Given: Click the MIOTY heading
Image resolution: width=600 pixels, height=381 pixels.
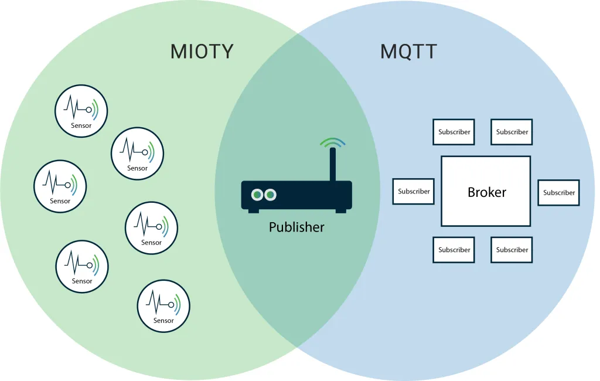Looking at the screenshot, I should (202, 52).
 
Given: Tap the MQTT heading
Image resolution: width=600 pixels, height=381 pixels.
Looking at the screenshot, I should (408, 52).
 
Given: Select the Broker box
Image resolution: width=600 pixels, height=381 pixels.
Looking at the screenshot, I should (486, 191).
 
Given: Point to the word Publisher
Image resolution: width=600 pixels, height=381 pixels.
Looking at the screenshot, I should (296, 227).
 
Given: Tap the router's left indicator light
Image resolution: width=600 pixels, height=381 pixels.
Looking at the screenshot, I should (257, 195).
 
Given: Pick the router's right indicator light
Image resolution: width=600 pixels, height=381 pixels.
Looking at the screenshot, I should (270, 195).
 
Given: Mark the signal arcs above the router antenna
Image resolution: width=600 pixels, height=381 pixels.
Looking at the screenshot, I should (332, 142).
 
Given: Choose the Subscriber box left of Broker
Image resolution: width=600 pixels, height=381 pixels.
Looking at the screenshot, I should (413, 191).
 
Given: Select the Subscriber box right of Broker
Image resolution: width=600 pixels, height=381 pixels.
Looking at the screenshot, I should (558, 192).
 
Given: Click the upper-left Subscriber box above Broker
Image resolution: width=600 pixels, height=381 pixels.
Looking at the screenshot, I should (454, 132).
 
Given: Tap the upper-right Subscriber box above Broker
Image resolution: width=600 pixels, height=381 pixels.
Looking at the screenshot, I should (512, 132).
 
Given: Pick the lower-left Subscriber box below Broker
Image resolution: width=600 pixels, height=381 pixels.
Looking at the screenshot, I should (454, 250).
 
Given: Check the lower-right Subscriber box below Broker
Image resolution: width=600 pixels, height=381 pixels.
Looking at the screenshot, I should (512, 250).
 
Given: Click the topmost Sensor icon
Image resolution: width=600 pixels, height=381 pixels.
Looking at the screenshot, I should (81, 111).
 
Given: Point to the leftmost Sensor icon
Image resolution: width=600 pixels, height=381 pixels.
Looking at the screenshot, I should (60, 186).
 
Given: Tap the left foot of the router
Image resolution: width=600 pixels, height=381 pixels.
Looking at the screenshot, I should (254, 210).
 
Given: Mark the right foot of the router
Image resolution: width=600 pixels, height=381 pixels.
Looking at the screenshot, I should (340, 210).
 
